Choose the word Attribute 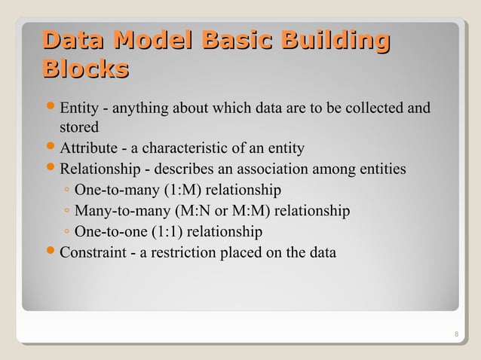tap(86, 147)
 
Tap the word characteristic tap(205, 147)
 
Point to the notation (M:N tap(195, 209)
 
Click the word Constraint tap(92, 252)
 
